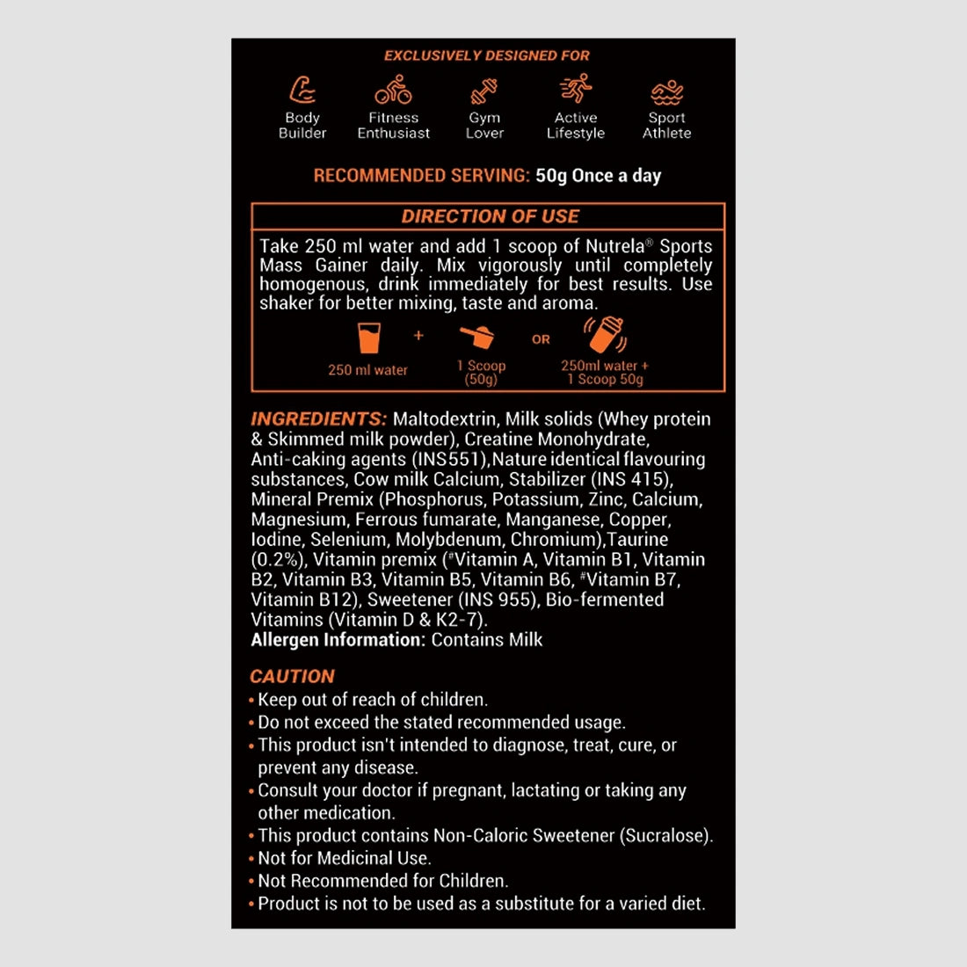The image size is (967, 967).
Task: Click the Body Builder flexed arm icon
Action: click(302, 90)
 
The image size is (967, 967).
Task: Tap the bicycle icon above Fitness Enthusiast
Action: click(393, 90)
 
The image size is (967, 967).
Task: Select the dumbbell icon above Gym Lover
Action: click(484, 91)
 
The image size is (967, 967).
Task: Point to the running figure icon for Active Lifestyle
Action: click(576, 89)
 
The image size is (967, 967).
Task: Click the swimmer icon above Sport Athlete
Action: click(667, 91)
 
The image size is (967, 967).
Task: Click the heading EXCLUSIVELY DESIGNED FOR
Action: click(487, 55)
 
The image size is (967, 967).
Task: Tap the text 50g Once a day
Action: click(598, 176)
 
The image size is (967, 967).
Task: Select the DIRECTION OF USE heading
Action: click(490, 216)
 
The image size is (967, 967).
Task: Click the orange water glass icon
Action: click(369, 338)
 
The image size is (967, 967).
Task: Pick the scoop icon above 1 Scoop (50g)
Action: click(477, 337)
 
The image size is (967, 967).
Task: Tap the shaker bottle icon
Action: click(605, 335)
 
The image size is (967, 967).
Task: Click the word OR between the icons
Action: click(541, 339)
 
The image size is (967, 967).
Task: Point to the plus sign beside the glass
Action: click(418, 335)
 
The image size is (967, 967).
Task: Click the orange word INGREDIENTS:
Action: click(318, 419)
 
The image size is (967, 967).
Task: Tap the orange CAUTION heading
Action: click(292, 677)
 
